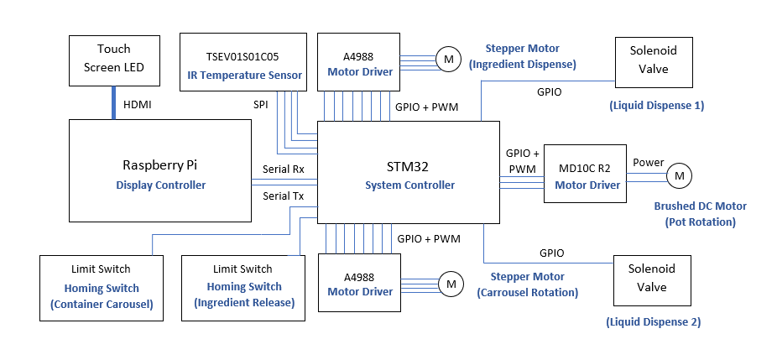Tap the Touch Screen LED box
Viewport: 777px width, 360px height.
tap(114, 60)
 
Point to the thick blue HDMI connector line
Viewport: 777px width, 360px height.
tap(114, 102)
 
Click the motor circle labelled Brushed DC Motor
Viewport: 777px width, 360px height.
tap(679, 175)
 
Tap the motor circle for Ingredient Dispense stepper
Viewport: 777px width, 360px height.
tap(448, 59)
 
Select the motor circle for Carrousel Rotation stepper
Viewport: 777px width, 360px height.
tap(450, 284)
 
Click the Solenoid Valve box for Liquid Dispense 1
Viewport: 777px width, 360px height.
tap(653, 62)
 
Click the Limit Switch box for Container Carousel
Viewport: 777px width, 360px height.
tap(101, 287)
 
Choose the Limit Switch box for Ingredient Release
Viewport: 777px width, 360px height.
tap(243, 287)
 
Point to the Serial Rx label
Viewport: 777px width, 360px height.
tap(284, 168)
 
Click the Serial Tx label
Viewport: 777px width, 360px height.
tap(284, 196)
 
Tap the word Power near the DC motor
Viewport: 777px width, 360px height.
tap(648, 162)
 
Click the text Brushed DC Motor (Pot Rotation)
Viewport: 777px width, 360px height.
tap(700, 214)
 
